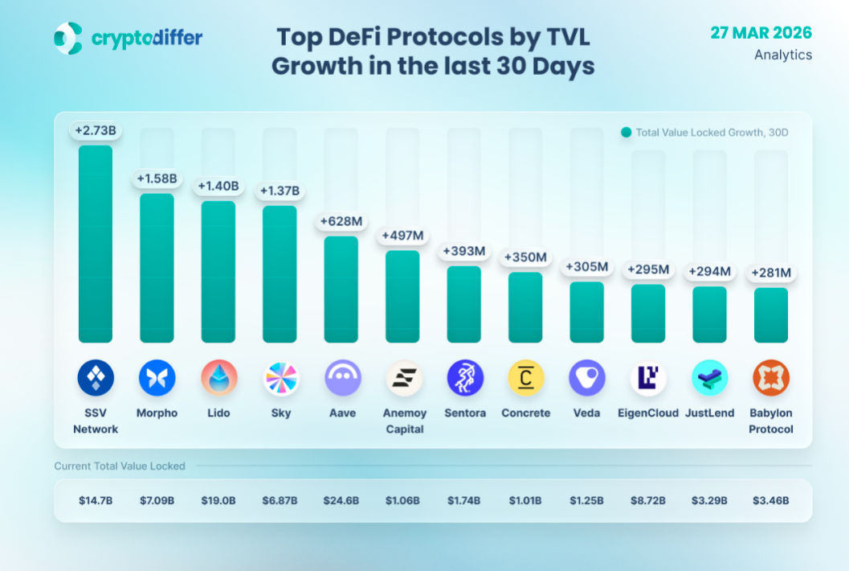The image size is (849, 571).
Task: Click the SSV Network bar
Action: [x=96, y=244]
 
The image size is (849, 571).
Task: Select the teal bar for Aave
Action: [x=341, y=289]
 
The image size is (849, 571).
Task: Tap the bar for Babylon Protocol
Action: [x=771, y=315]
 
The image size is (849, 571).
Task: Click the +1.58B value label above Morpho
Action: [x=157, y=178]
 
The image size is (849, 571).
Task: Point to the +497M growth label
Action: [x=402, y=235]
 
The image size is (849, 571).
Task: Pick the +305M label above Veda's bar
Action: [x=587, y=266]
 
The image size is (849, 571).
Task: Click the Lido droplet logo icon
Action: [x=218, y=378]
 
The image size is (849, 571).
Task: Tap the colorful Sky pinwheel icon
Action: [x=280, y=378]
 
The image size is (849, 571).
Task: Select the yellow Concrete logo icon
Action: [x=526, y=378]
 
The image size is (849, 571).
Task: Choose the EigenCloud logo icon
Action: [x=648, y=378]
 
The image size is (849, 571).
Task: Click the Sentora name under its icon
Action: [x=464, y=413]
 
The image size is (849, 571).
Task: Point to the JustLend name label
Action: [x=710, y=413]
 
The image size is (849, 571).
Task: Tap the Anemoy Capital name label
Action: [x=403, y=421]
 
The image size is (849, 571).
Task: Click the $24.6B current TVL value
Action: [x=341, y=500]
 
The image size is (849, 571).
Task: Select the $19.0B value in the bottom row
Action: [x=218, y=500]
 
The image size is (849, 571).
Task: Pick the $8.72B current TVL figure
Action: [x=648, y=500]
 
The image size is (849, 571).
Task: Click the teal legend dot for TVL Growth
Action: [x=626, y=133]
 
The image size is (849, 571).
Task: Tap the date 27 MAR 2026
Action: [x=761, y=33]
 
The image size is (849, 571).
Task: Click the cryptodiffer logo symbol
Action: [x=68, y=38]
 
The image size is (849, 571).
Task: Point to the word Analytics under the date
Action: [x=783, y=55]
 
